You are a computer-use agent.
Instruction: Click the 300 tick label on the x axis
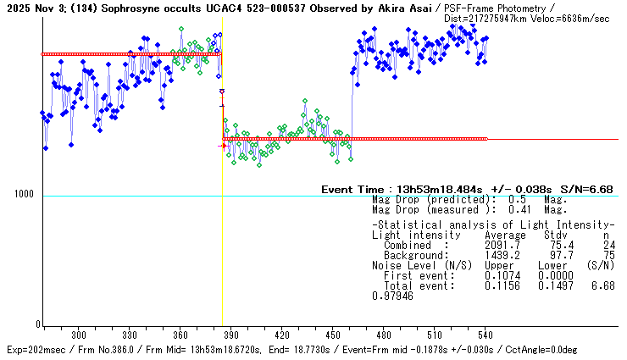pos(79,335)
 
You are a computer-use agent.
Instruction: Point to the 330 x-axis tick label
pos(130,335)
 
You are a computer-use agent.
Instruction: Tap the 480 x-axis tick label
pos(383,335)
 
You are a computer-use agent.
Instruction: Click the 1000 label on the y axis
pos(24,196)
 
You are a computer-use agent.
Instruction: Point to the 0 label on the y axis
pos(37,325)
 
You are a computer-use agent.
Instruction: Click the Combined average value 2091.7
pos(490,245)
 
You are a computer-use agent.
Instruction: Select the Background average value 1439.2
pos(490,255)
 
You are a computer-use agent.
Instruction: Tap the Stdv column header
pos(556,235)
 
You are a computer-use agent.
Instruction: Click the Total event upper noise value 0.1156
pos(490,285)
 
